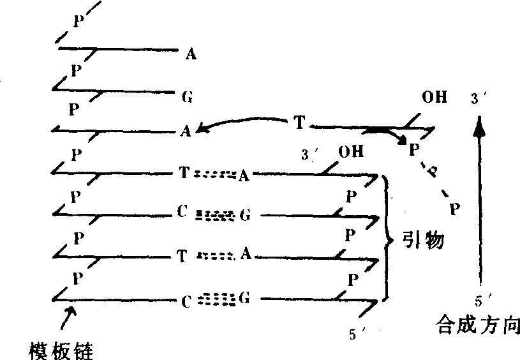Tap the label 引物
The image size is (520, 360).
(x=424, y=239)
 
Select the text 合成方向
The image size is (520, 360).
(x=478, y=324)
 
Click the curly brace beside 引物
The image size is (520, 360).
(x=387, y=238)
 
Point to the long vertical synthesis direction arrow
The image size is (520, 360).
(x=479, y=200)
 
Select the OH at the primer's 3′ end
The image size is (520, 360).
(x=351, y=152)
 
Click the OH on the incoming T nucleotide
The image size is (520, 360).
(x=435, y=97)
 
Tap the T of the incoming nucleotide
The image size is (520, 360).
(x=299, y=122)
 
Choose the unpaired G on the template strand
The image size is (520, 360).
(x=188, y=97)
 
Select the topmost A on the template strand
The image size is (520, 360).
(x=191, y=54)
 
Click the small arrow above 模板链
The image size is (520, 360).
(x=69, y=317)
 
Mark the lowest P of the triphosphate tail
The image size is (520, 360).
(x=455, y=209)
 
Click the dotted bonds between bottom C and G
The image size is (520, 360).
(x=216, y=299)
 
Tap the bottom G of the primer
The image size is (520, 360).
(x=244, y=299)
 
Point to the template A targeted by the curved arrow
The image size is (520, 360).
(x=186, y=131)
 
